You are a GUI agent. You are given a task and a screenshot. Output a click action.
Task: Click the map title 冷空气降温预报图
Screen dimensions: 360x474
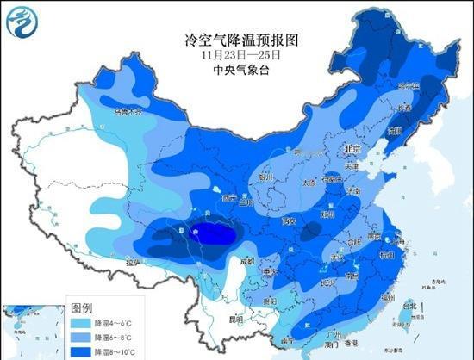tap(235, 40)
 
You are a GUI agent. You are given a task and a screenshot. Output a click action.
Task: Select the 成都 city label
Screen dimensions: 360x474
tap(247, 260)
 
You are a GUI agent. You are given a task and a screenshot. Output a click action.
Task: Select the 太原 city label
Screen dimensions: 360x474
tap(309, 183)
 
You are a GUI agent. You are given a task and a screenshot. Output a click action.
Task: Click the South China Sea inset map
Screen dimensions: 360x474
tap(33, 331)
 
